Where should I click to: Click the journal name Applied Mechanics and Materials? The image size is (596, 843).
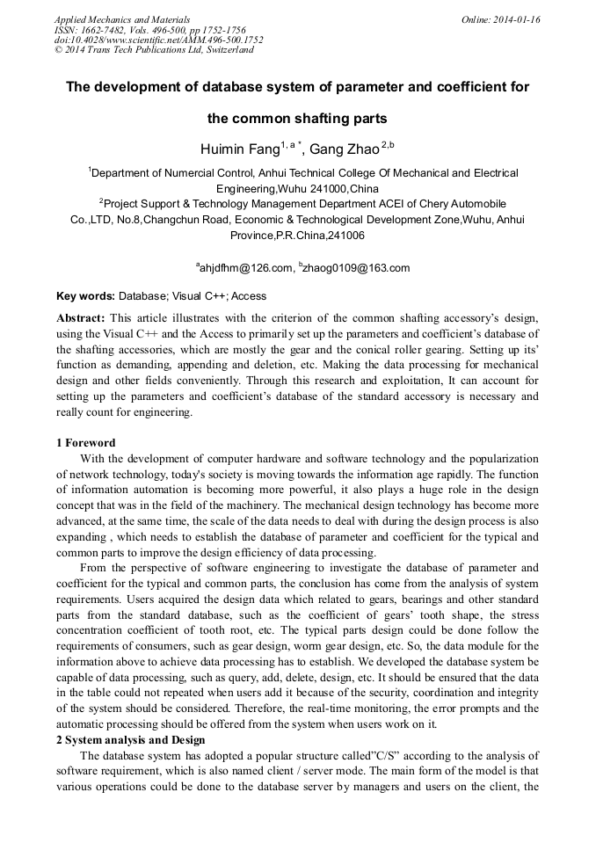(122, 19)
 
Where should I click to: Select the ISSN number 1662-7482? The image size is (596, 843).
(106, 30)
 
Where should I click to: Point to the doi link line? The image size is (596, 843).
(158, 40)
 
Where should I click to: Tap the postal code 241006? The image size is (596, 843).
(346, 236)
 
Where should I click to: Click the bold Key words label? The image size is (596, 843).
(85, 296)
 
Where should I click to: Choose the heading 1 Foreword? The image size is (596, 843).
(85, 443)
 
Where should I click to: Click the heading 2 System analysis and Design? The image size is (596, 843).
(130, 741)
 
